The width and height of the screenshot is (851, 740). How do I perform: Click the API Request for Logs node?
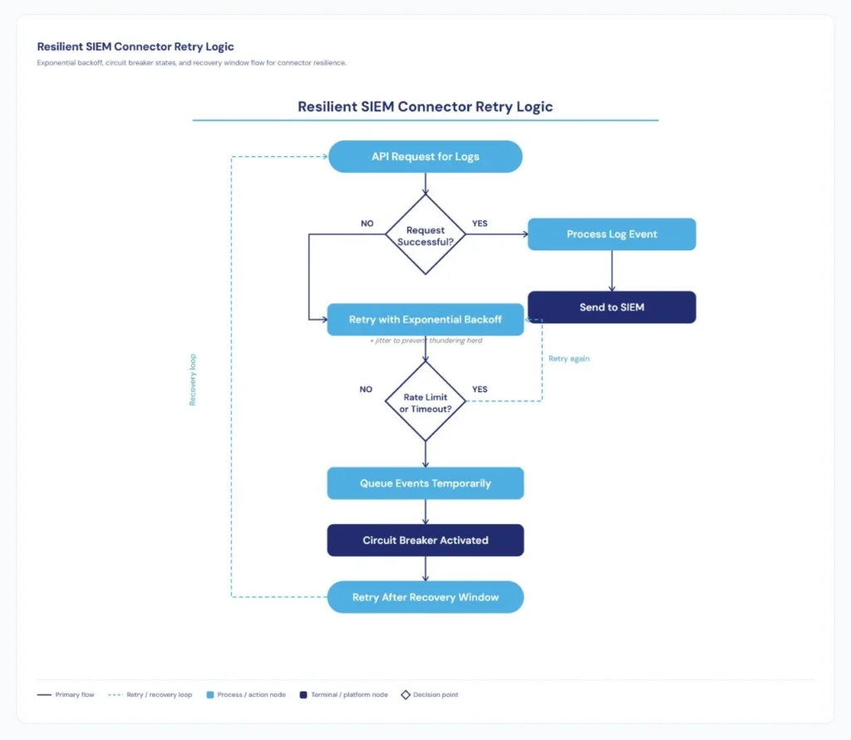coord(425,156)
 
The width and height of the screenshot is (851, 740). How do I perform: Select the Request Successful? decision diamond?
coord(425,235)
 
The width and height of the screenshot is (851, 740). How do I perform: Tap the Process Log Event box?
coord(612,234)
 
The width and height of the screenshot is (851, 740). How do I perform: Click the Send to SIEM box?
coord(612,307)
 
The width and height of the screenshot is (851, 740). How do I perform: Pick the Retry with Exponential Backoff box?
coord(425,320)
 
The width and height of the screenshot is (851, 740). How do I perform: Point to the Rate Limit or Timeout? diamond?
coord(425,402)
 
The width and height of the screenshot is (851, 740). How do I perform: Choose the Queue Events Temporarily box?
coord(425,483)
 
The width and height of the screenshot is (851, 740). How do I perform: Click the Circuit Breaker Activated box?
coord(425,540)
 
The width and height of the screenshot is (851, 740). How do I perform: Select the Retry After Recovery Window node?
coord(425,597)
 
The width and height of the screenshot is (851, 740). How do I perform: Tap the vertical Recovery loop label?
coord(193,380)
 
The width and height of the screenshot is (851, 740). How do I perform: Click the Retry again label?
coord(568,359)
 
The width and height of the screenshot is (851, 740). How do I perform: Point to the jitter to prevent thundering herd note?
coord(425,341)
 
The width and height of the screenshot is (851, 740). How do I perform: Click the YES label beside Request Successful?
coord(480,223)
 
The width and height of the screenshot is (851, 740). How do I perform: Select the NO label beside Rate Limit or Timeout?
coord(366,390)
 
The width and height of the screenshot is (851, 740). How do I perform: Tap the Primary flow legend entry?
coord(66,694)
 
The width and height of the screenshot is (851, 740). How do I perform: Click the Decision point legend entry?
coord(430,694)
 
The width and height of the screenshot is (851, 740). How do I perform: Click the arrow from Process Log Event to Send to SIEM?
coord(612,271)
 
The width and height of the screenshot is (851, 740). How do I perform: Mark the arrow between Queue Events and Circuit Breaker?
coord(425,512)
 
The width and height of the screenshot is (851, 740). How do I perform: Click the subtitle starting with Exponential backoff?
coord(191,63)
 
